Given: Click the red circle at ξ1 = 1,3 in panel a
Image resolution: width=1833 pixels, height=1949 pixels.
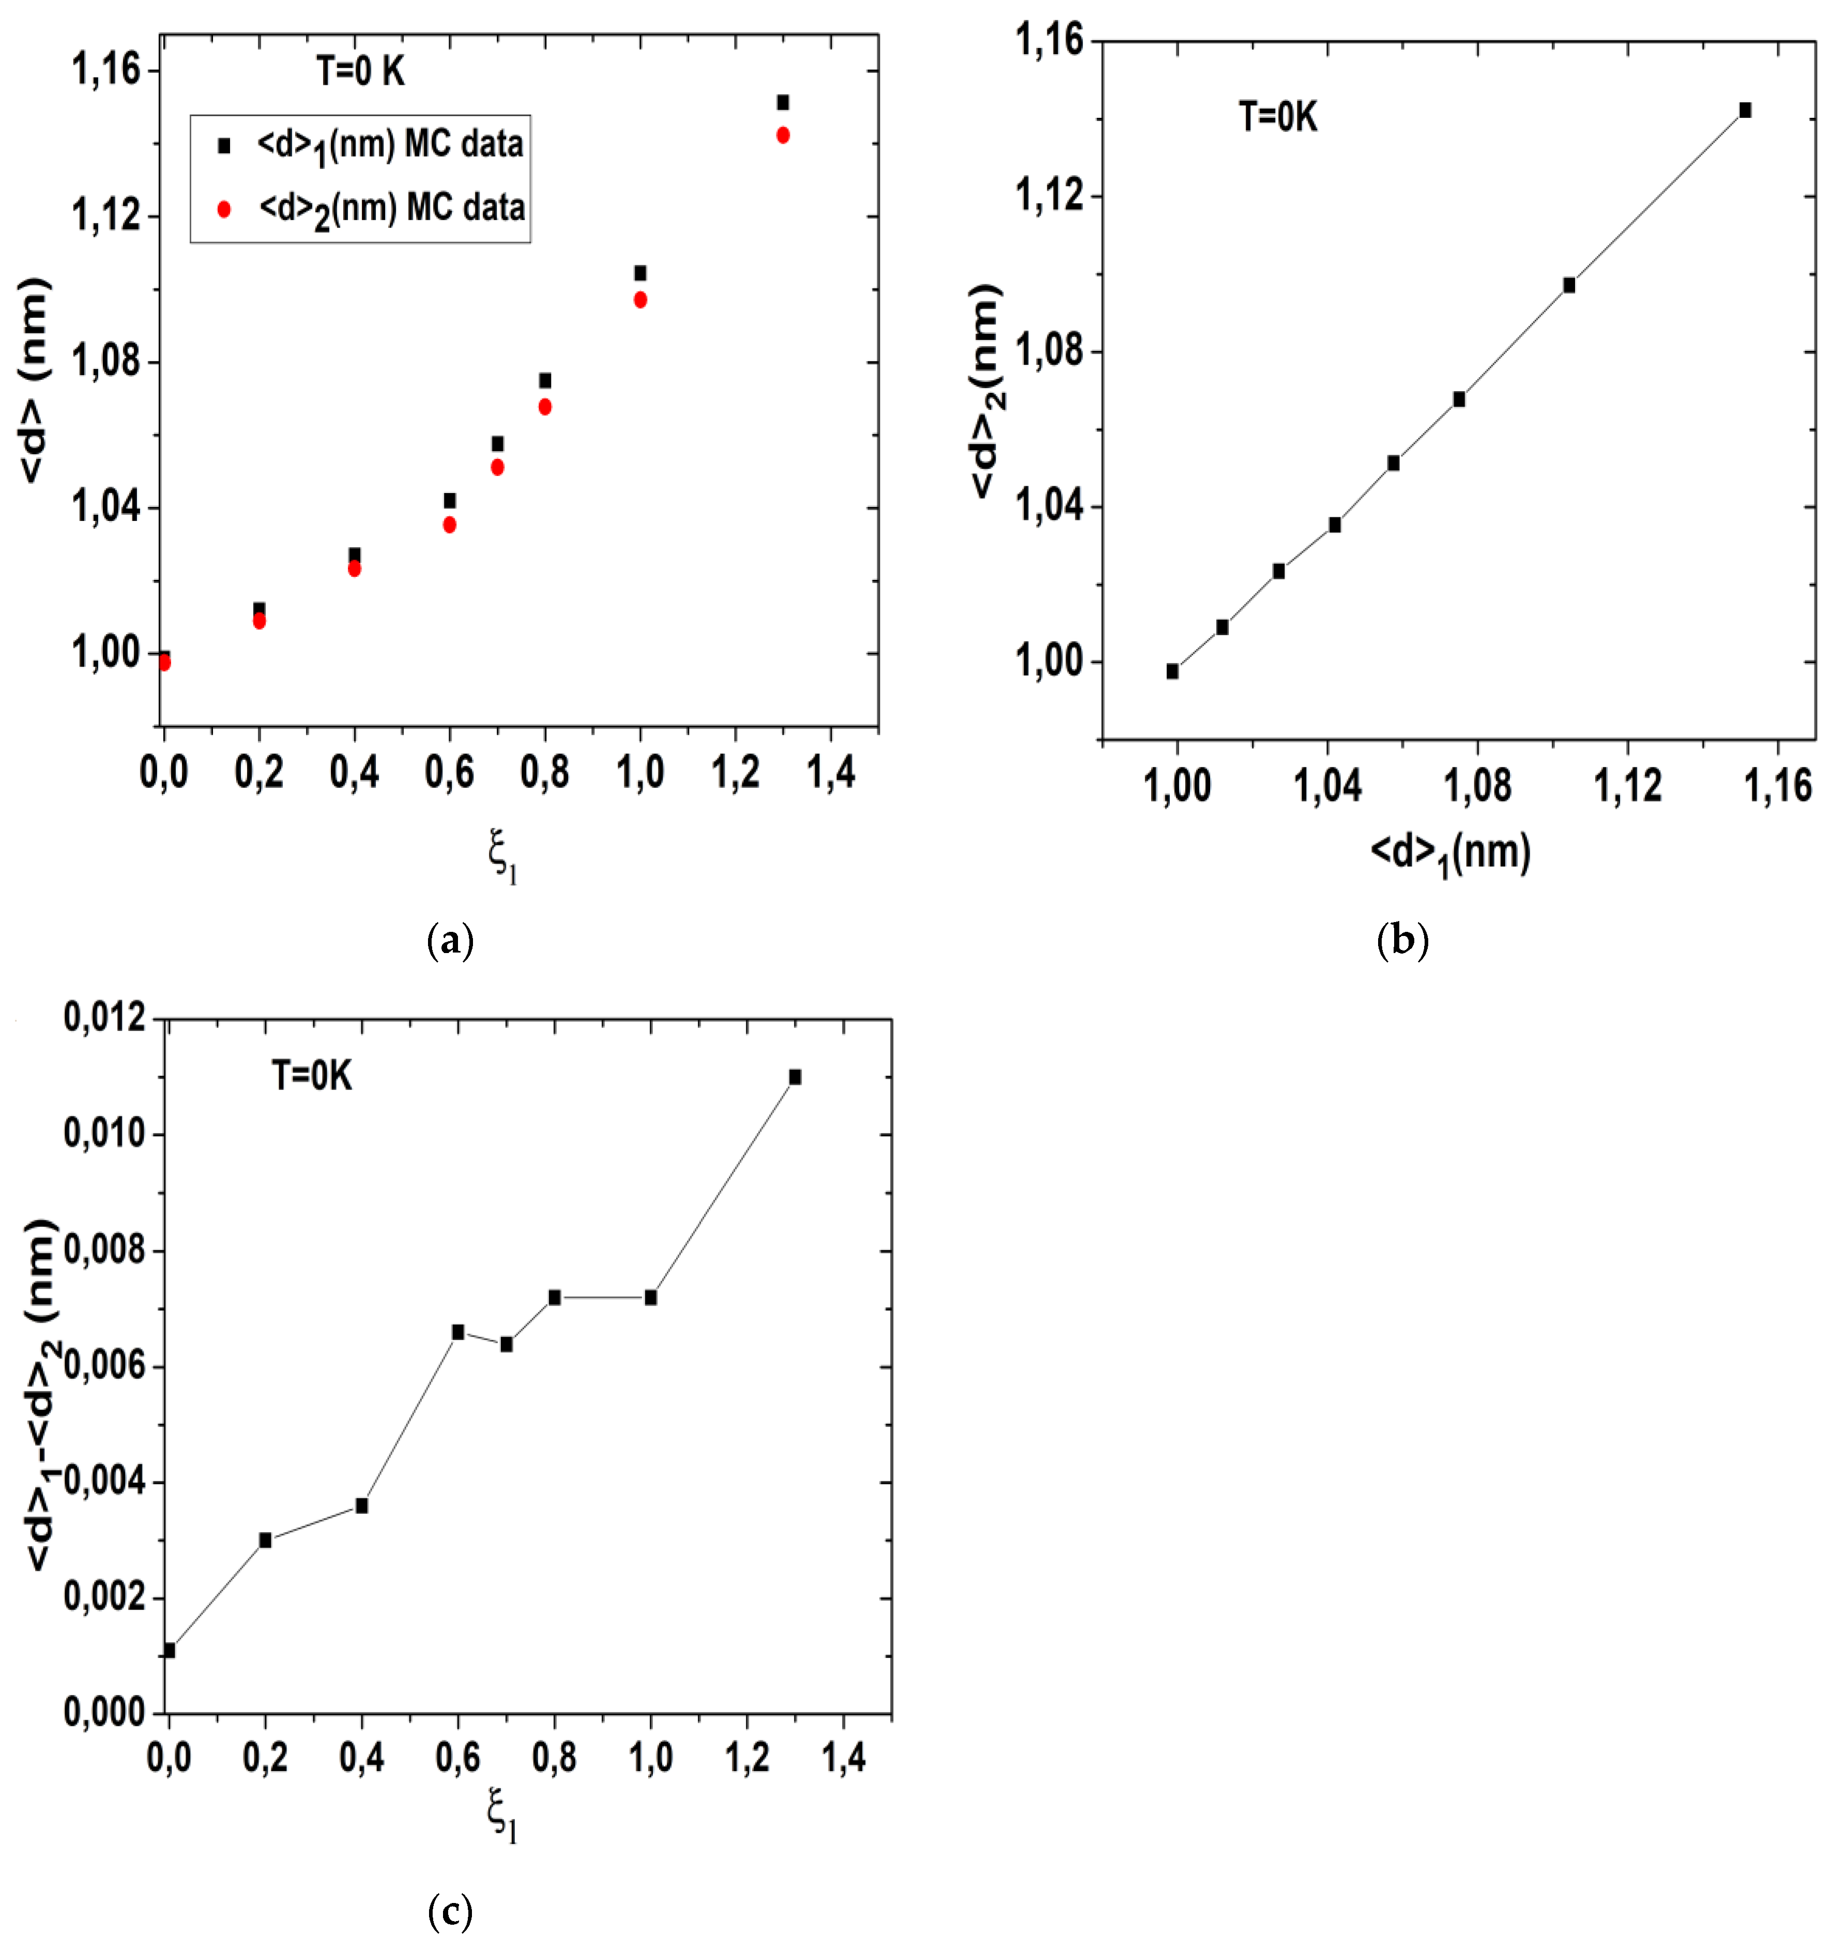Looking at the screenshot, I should pyautogui.click(x=783, y=135).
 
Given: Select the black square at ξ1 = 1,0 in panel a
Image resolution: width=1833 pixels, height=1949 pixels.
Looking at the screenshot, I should pyautogui.click(x=640, y=272).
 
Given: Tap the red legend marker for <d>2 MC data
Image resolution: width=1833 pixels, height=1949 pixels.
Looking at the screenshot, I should pyautogui.click(x=224, y=209).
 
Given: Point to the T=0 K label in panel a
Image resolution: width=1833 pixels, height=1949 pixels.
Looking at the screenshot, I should pyautogui.click(x=360, y=71).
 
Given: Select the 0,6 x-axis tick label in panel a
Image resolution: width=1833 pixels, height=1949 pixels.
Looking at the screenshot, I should pyautogui.click(x=449, y=773).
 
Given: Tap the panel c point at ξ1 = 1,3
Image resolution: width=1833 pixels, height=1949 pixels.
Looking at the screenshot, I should pyautogui.click(x=795, y=1078).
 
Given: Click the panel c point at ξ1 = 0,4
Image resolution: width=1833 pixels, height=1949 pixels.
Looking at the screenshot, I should pyautogui.click(x=362, y=1506).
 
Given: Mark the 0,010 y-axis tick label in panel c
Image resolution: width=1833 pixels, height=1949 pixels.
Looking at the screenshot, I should pyautogui.click(x=104, y=1134).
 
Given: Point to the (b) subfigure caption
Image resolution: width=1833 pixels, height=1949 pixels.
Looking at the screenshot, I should pyautogui.click(x=1402, y=941).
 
